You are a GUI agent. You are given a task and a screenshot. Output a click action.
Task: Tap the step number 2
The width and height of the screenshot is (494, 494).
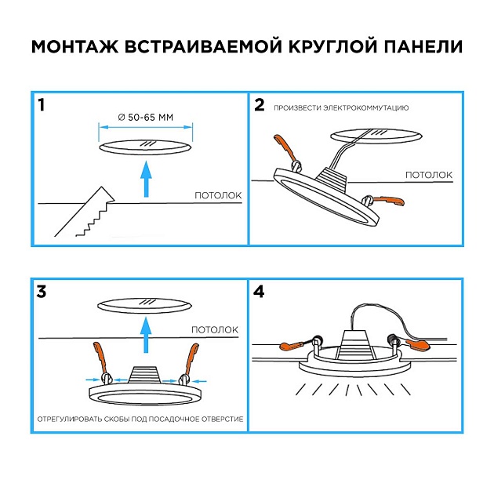[x=260, y=105]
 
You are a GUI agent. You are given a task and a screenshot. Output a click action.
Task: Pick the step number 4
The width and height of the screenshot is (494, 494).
[x=260, y=292]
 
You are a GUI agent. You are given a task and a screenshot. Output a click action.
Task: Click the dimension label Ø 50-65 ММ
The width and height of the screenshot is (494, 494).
[x=145, y=117]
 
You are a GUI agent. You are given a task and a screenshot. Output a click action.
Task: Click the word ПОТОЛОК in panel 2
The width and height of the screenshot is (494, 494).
[x=428, y=174]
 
